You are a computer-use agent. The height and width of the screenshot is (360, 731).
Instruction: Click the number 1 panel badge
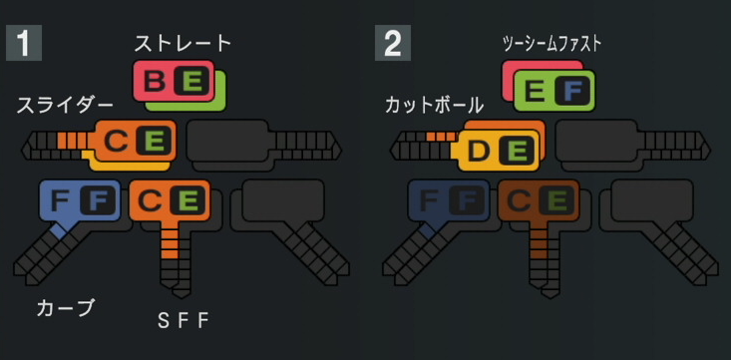point(23,44)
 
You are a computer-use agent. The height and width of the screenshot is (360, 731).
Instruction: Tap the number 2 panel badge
point(392,44)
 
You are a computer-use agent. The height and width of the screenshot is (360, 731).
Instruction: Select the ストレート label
point(183,43)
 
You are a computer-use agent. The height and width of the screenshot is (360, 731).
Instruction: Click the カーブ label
point(65,308)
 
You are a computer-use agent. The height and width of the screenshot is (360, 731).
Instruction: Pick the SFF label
point(184,320)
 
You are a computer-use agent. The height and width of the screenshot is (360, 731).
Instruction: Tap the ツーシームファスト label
point(551,43)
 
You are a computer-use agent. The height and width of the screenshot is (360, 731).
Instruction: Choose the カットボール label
point(434,105)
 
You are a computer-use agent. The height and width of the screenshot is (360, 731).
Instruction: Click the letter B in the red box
point(155,82)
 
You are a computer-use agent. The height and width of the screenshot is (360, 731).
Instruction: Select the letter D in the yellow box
point(480,152)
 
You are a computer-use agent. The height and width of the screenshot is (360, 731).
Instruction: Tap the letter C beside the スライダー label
point(117,142)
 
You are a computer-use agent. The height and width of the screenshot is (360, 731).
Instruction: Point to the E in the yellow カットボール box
point(517,152)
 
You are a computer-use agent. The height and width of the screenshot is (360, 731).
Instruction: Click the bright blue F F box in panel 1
point(79,200)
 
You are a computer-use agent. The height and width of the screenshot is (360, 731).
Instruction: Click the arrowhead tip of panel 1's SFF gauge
point(180,293)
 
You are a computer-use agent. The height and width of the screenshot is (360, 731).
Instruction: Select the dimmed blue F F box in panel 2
point(448,200)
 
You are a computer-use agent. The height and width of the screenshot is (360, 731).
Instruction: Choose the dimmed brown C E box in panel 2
point(538,200)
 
